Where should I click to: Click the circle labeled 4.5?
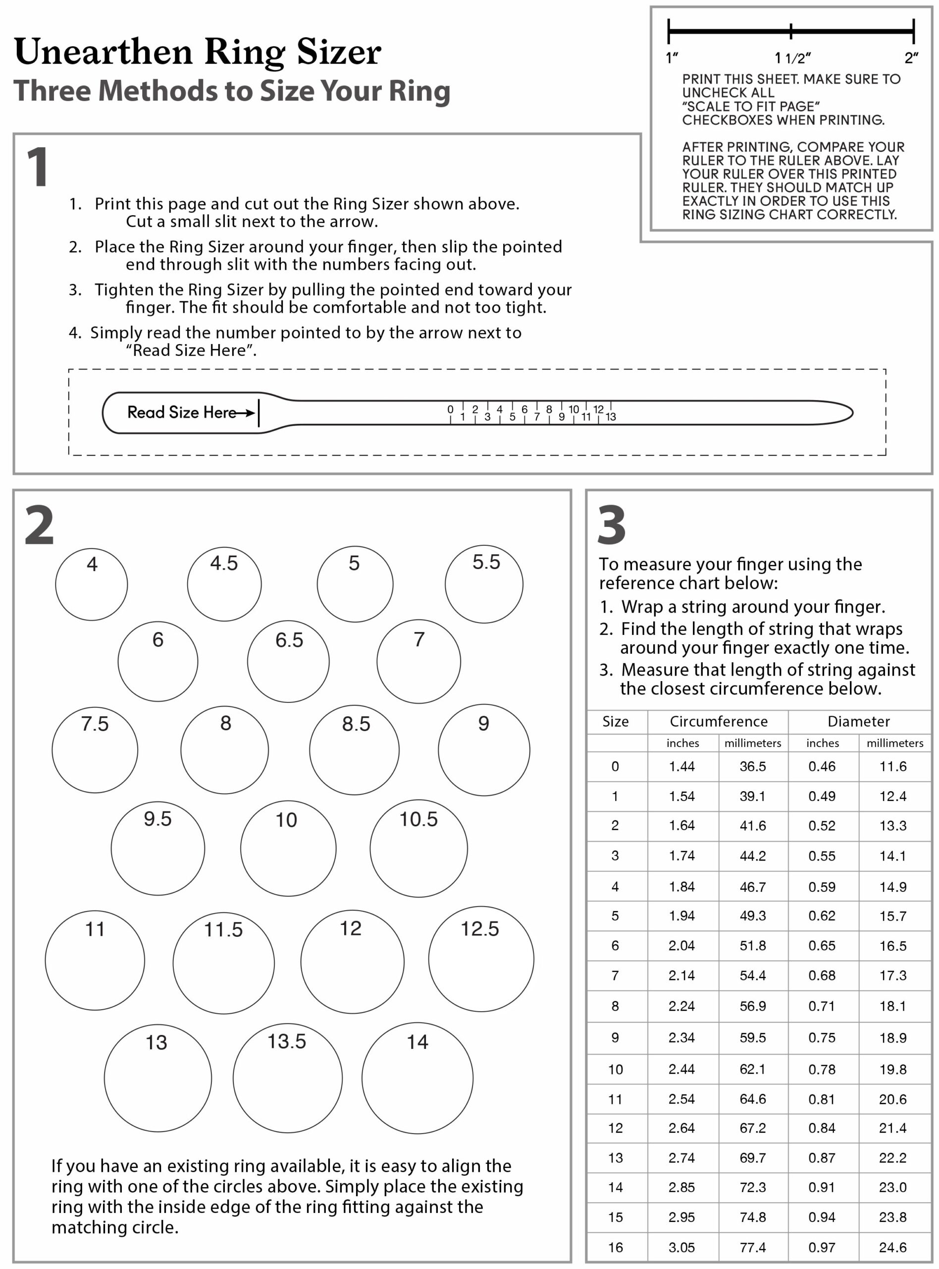tap(224, 584)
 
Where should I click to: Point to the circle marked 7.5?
tap(95, 750)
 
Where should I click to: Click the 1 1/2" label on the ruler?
tap(792, 58)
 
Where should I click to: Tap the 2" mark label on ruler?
tap(911, 58)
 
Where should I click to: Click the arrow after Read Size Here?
tap(246, 413)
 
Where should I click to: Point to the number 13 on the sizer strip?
tap(611, 417)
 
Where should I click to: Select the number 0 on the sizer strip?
tap(450, 409)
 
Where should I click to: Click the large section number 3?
tap(612, 524)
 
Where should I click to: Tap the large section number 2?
tap(39, 524)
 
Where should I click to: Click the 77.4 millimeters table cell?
tap(753, 1247)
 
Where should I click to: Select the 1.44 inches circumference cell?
tap(682, 766)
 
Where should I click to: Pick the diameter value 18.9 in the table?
tap(892, 1038)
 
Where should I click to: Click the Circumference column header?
tap(719, 721)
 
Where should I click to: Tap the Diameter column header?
tap(858, 721)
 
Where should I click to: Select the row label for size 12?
tap(616, 1128)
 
